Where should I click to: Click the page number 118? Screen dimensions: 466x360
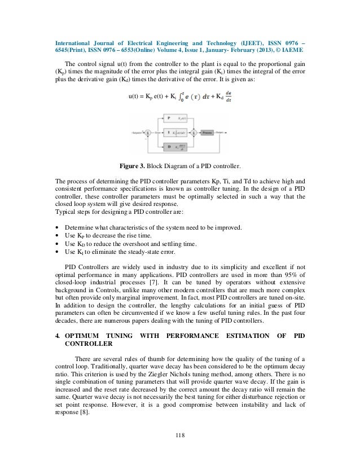[179, 434]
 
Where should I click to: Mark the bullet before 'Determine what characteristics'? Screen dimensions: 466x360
[58, 227]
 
